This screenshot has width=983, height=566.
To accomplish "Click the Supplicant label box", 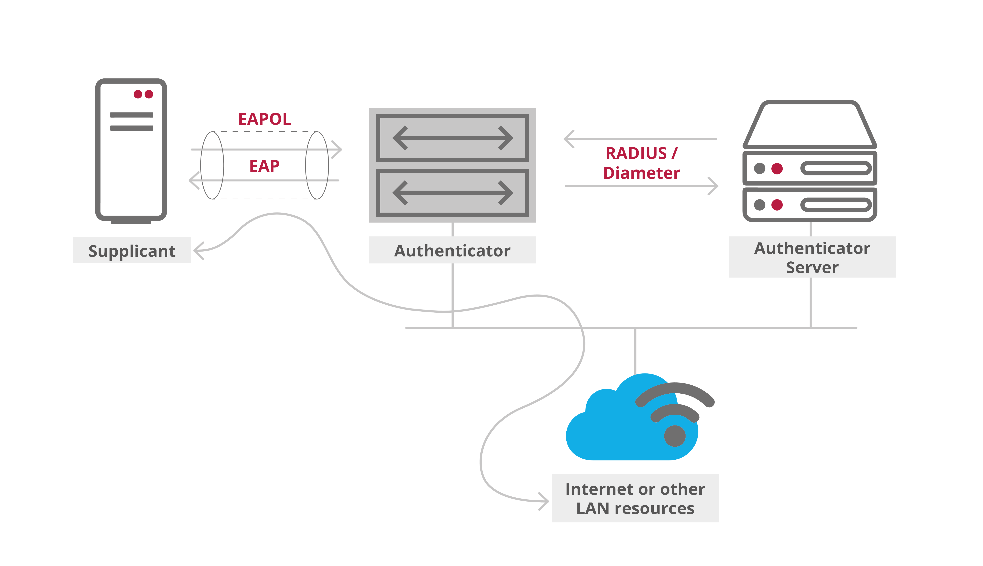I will [x=131, y=250].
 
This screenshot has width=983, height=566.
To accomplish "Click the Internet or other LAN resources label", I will [x=635, y=498].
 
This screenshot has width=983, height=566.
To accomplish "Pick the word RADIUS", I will [x=636, y=153].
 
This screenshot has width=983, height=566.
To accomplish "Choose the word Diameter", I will [x=642, y=173].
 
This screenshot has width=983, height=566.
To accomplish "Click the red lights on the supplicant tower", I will [x=143, y=94].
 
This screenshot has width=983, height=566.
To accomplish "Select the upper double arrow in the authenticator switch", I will [x=452, y=138].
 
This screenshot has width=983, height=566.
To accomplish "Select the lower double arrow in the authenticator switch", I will [x=452, y=193].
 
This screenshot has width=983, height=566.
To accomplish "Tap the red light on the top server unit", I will [x=777, y=168].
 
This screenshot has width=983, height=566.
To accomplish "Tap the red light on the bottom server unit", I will [x=777, y=204].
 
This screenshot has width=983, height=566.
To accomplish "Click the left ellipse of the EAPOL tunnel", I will [x=212, y=165].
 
